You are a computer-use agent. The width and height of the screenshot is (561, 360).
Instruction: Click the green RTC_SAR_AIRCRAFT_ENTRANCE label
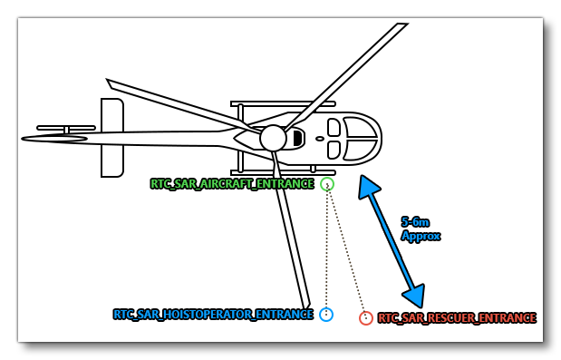[x=232, y=184]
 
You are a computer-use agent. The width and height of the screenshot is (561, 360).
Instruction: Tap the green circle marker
[x=327, y=184]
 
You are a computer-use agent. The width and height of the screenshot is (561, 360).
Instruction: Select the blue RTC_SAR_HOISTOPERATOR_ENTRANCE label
[x=213, y=315]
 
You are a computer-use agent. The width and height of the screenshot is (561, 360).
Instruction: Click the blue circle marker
[x=326, y=315]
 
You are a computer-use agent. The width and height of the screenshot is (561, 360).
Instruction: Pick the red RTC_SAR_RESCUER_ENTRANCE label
[x=456, y=318]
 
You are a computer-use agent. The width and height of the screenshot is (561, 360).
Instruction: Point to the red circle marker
[x=366, y=318]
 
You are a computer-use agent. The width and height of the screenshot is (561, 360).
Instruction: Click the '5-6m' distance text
[x=415, y=222]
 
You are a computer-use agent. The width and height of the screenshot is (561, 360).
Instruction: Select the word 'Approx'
[x=421, y=236]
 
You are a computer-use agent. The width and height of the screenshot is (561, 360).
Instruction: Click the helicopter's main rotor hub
[x=273, y=138]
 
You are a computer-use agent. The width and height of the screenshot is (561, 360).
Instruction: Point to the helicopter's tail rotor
[x=65, y=129]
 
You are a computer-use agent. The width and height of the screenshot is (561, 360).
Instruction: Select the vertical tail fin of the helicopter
[x=112, y=138]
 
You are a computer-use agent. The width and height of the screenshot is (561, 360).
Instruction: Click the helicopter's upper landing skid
[x=283, y=104]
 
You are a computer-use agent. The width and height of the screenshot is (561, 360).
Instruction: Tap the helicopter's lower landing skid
[x=283, y=172]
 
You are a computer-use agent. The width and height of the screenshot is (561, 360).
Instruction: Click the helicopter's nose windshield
[x=361, y=139]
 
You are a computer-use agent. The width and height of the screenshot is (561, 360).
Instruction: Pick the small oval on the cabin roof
[x=320, y=139]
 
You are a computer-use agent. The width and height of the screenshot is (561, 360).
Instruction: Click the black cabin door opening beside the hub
[x=296, y=139]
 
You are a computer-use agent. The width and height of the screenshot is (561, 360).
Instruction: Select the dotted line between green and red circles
[x=346, y=251]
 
